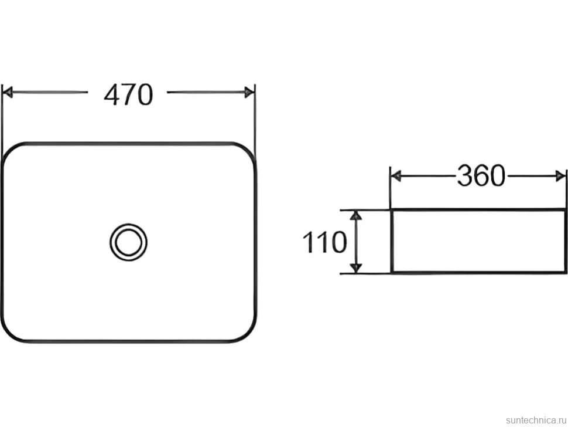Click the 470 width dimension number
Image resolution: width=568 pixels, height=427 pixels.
tap(128, 95)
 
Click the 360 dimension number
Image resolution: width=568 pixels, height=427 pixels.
tap(481, 175)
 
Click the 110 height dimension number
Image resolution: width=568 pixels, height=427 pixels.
tap(324, 242)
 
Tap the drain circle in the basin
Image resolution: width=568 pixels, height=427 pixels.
tap(128, 242)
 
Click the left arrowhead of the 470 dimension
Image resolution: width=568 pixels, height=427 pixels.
tap(8, 92)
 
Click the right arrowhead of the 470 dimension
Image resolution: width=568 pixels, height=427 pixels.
tap(249, 92)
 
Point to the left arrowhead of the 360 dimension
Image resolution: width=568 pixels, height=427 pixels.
tap(396, 177)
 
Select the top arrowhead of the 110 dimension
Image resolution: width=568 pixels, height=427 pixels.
tap(357, 215)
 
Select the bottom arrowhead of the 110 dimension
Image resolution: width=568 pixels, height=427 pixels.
tap(357, 267)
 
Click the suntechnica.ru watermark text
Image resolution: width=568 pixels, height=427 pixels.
tap(536, 420)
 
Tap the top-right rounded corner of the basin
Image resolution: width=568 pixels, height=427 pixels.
tap(249, 150)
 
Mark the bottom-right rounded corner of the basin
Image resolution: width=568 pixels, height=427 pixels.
tap(249, 334)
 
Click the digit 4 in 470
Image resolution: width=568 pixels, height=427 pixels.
tap(112, 95)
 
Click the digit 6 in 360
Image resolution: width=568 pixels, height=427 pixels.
tap(481, 175)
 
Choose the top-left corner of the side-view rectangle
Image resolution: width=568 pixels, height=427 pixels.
tap(392, 210)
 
